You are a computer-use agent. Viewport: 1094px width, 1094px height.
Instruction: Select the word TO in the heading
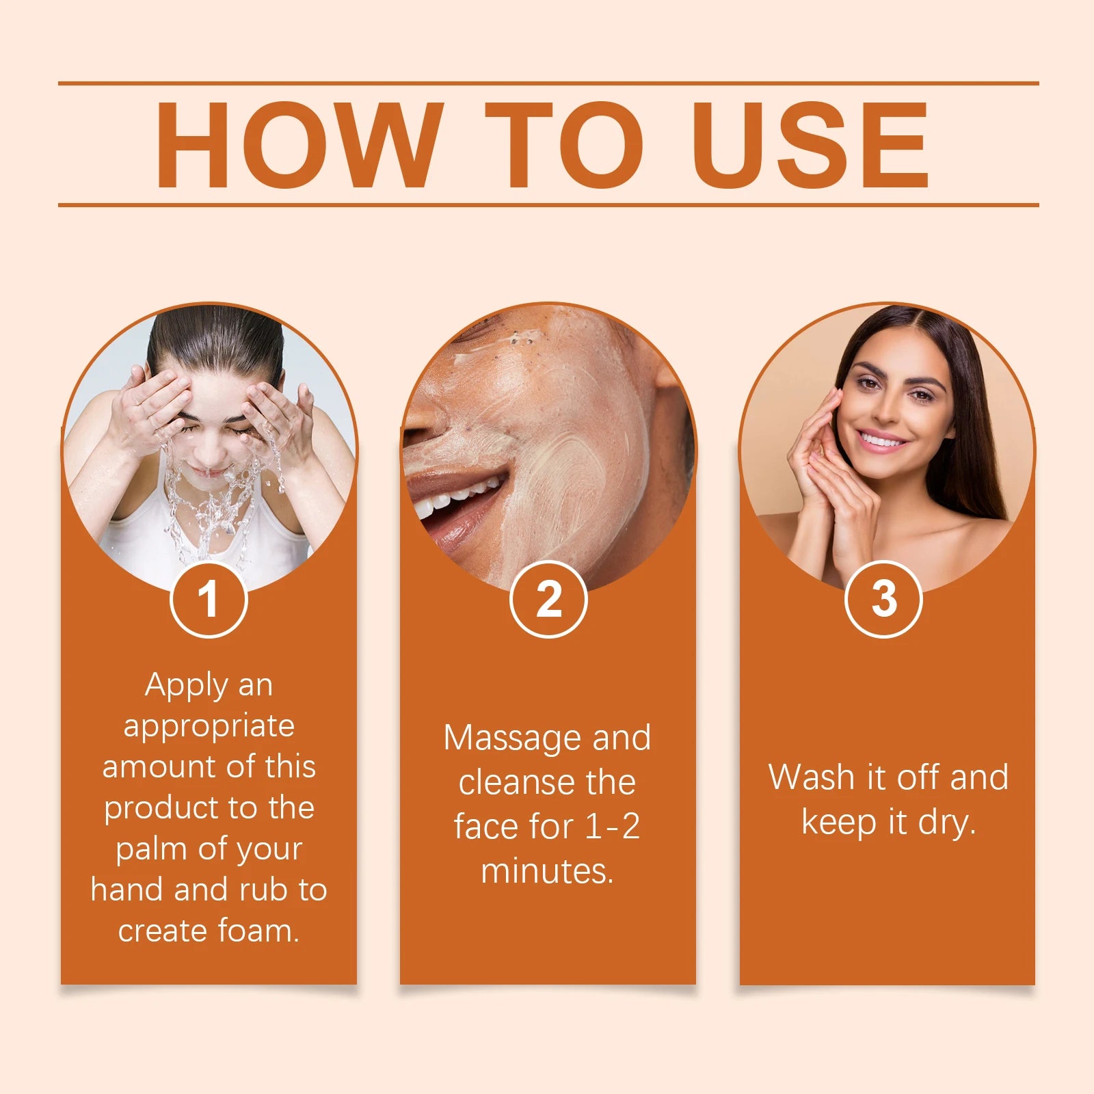point(564,145)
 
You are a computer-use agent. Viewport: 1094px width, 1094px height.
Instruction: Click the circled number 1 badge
point(209,600)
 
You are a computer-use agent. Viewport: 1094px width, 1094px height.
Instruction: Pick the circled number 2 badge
point(548,600)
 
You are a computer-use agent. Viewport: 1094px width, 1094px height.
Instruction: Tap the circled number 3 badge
point(883,600)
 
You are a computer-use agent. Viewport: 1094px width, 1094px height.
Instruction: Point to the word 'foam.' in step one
point(258,931)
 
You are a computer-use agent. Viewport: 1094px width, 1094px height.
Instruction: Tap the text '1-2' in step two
point(613,827)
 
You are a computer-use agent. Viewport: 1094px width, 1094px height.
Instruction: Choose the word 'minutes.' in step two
point(547,871)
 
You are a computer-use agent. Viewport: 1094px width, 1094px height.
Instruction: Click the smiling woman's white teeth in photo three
point(883,440)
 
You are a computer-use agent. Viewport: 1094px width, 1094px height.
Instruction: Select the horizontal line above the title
point(547,83)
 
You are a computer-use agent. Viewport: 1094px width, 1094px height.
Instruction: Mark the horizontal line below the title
point(547,204)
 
